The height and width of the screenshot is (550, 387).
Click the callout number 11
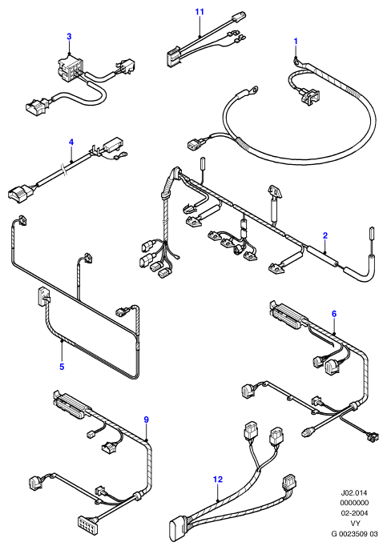(200, 11)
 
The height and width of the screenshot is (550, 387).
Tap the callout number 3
(69, 36)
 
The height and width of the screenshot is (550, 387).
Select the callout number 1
(296, 41)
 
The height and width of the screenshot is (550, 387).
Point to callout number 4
(71, 142)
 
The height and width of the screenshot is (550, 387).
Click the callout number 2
(325, 235)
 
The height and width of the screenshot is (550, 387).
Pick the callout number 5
(62, 367)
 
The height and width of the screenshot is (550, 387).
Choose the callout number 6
(334, 314)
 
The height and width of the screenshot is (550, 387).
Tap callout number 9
(147, 420)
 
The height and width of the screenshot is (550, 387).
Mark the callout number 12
(218, 479)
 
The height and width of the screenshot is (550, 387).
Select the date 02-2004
(354, 513)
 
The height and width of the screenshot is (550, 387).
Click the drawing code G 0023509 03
(354, 534)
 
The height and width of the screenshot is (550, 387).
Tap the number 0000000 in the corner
(354, 503)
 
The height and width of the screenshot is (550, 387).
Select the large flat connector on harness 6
(288, 315)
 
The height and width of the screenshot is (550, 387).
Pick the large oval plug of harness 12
(177, 527)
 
